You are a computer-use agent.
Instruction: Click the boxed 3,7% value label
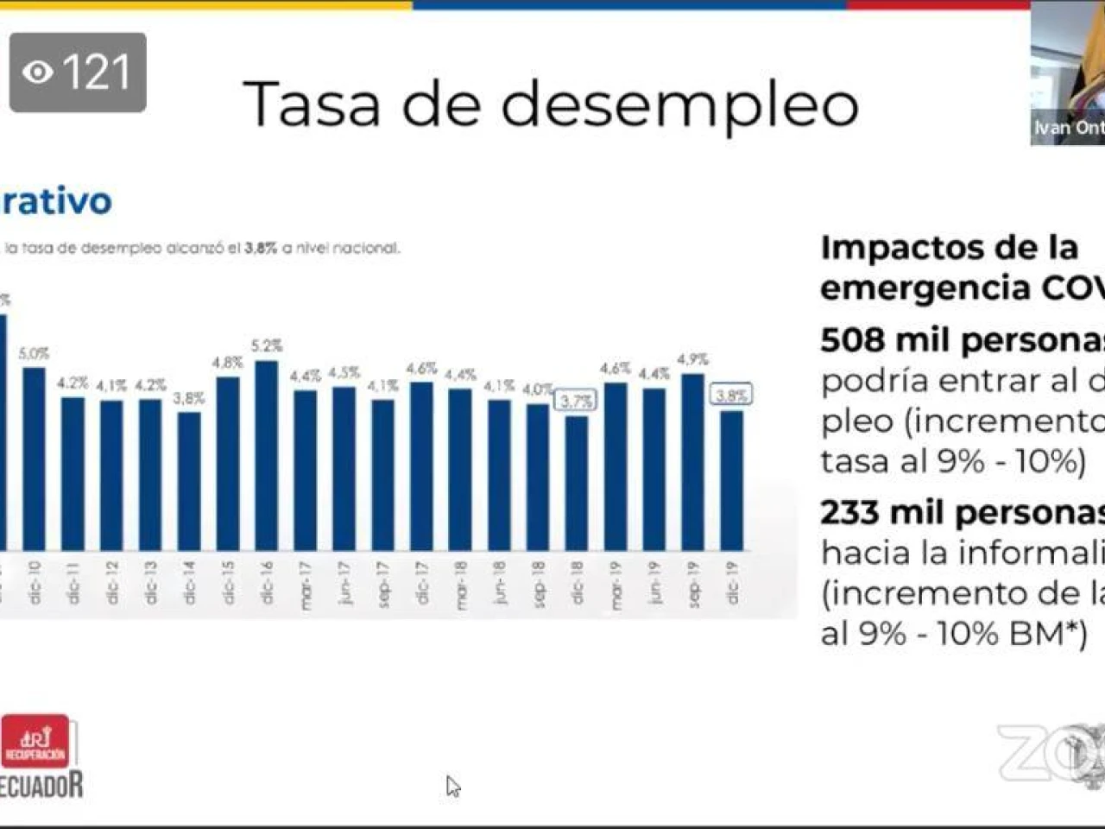coord(576,402)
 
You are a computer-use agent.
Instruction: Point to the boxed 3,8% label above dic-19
coord(731,396)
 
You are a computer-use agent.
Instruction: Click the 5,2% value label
coord(267,346)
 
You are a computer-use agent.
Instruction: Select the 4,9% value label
coord(692,359)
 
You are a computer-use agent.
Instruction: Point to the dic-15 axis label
coord(228,583)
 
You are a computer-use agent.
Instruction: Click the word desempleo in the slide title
coord(679,105)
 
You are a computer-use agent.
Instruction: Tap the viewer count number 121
coord(96,73)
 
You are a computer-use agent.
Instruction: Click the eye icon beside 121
coord(37,73)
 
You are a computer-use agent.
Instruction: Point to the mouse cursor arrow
coord(452,786)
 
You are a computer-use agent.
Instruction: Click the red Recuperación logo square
coord(35,742)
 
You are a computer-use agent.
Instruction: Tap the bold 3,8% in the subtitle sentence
coord(260,248)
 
